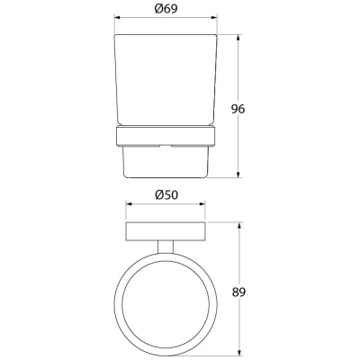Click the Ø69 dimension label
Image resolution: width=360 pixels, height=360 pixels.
(166, 9)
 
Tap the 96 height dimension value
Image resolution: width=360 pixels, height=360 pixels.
(238, 109)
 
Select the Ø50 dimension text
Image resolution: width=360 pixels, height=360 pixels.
(166, 195)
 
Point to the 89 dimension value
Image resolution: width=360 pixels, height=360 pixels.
(238, 292)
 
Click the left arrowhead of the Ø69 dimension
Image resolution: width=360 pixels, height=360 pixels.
(117, 17)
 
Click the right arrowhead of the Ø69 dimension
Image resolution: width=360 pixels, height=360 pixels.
(214, 17)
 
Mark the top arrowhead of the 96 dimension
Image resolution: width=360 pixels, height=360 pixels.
(238, 38)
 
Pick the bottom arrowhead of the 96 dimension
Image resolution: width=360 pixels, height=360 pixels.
(238, 175)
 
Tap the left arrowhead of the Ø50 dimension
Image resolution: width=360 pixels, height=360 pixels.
(129, 204)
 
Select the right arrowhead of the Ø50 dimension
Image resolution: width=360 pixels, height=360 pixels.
(202, 204)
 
